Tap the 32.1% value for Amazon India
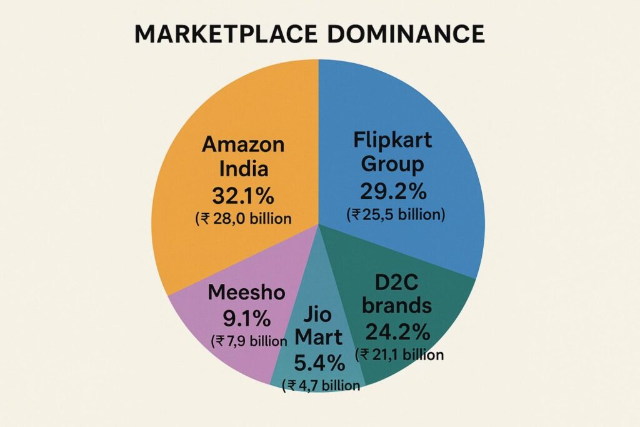[243, 196]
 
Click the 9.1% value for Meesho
[247, 319]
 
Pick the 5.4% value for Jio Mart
[319, 363]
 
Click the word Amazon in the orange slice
[243, 145]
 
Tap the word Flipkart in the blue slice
[392, 139]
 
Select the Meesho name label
[247, 293]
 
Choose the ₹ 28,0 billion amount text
[243, 218]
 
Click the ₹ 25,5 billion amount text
[395, 214]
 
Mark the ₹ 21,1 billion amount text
[400, 355]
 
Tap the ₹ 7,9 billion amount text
[249, 341]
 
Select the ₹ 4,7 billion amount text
[321, 385]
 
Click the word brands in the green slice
[397, 306]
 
